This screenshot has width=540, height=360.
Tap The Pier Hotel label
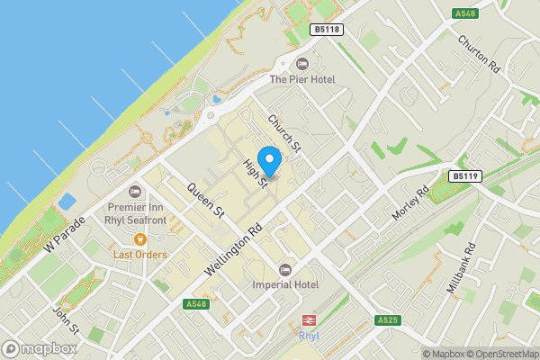tap(302, 80)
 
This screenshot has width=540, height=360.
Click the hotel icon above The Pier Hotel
tap(302, 64)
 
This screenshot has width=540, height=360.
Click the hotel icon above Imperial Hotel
tap(286, 269)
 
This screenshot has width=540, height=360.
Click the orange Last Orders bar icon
tap(140, 239)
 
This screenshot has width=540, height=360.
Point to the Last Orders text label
tap(140, 255)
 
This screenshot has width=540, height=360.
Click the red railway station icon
tap(309, 320)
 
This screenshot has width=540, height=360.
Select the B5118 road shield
tap(327, 30)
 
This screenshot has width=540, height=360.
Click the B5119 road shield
tap(464, 176)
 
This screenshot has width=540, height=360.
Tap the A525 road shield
tap(388, 320)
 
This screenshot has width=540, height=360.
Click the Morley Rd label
tap(410, 207)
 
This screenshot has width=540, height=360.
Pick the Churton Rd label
tap(478, 54)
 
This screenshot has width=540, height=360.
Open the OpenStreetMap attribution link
tap(501, 354)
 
